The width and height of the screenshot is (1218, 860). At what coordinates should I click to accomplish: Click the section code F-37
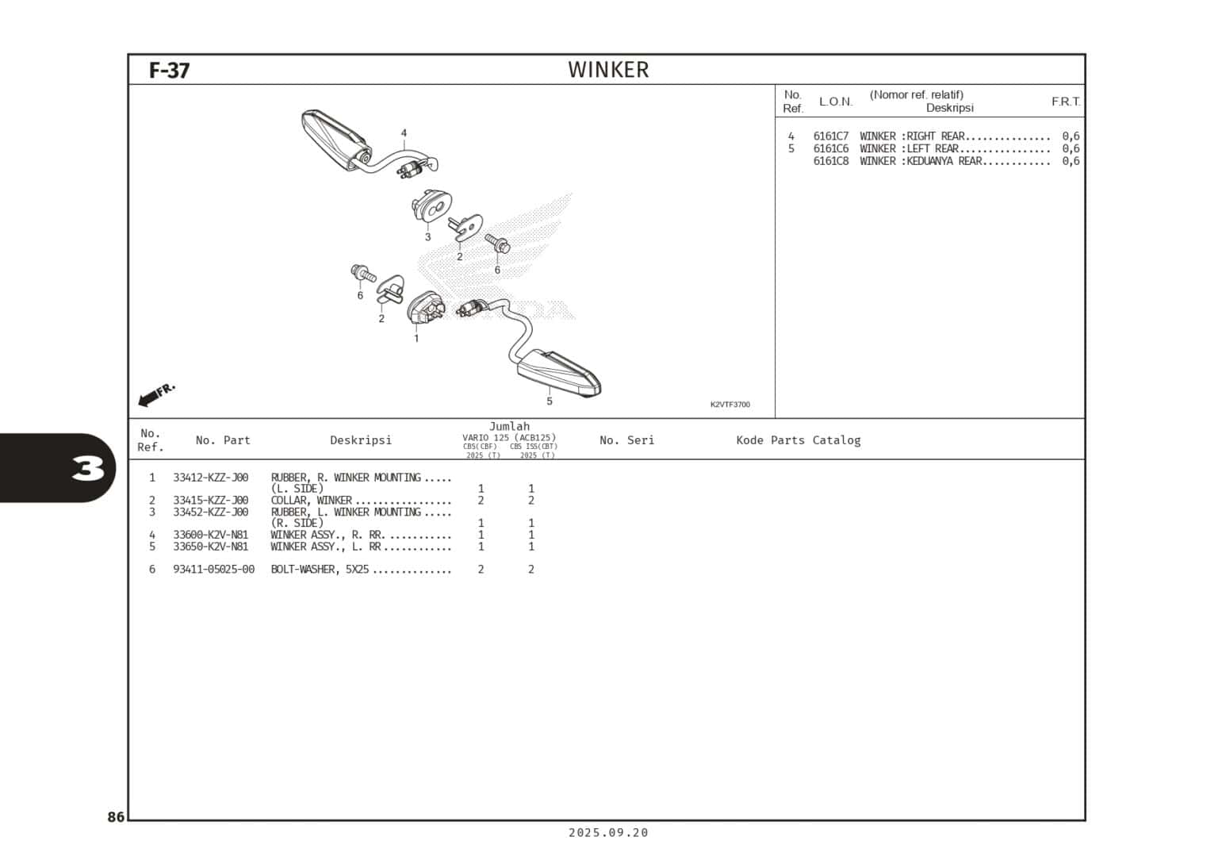tap(169, 71)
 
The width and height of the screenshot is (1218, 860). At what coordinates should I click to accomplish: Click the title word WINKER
tap(608, 70)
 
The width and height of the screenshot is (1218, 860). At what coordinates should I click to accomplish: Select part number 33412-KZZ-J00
tap(210, 478)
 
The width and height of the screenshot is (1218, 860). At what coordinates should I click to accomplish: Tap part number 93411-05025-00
tap(213, 570)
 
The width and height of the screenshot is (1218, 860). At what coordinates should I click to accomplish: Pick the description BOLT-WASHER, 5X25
tap(320, 570)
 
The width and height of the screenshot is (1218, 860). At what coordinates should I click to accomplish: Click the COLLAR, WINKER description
tap(311, 501)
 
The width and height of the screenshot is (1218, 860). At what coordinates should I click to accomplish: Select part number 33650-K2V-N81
tap(210, 547)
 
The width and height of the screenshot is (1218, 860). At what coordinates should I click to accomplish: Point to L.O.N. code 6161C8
tap(830, 161)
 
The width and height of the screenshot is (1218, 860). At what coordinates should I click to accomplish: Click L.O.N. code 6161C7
tap(830, 136)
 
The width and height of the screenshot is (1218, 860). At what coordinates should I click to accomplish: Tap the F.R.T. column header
tap(1065, 102)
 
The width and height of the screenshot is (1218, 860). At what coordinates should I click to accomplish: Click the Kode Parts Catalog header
tap(798, 440)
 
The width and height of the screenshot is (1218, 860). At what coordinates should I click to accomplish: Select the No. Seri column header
tap(626, 440)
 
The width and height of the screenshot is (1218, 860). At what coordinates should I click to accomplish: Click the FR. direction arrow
tap(155, 394)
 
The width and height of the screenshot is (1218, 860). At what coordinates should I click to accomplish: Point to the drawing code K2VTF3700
tap(730, 405)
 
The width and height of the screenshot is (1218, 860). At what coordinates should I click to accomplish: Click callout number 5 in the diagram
tap(550, 401)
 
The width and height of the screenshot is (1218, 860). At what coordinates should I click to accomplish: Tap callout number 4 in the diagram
tap(404, 133)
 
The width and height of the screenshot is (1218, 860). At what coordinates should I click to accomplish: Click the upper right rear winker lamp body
tap(333, 139)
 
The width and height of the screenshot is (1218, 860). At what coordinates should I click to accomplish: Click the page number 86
tap(116, 817)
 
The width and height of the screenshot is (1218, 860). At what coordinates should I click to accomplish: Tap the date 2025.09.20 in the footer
tap(608, 832)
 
